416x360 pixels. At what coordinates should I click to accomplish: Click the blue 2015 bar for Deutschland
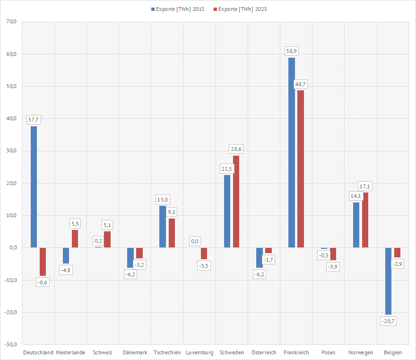[34, 187]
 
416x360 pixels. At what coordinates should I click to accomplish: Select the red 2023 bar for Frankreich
[301, 169]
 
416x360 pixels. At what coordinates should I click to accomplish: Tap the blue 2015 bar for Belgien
[388, 281]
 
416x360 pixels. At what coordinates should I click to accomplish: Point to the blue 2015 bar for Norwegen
[356, 225]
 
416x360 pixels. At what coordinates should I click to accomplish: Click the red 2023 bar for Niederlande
[75, 239]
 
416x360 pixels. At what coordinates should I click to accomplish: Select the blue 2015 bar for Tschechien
[163, 227]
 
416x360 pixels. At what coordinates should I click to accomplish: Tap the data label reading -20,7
[388, 321]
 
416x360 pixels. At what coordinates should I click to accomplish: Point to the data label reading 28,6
[236, 149]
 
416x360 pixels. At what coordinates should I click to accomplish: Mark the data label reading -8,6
[43, 282]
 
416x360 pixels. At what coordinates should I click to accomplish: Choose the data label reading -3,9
[333, 267]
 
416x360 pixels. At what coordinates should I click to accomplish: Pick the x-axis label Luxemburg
[199, 352]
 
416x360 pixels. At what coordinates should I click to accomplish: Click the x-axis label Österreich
[264, 352]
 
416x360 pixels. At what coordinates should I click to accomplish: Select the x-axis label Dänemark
[135, 352]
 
